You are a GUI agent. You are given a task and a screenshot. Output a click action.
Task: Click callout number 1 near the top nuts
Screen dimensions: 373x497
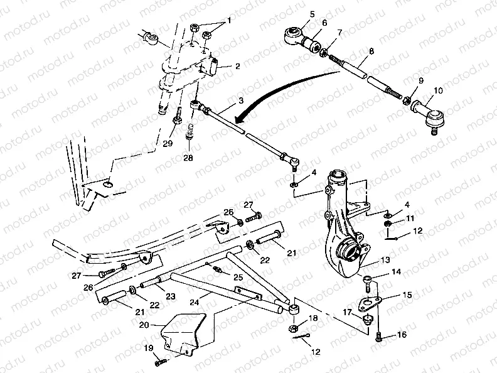[x=229, y=20]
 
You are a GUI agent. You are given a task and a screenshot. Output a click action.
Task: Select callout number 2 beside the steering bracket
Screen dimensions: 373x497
[x=238, y=66]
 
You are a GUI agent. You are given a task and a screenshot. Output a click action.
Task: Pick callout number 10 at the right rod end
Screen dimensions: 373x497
[x=437, y=92]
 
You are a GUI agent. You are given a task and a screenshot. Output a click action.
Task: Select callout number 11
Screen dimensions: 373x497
[x=410, y=218]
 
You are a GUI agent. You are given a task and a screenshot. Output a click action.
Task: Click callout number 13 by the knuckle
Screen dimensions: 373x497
[x=384, y=259]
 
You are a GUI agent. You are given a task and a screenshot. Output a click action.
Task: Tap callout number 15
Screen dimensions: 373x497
[x=407, y=295]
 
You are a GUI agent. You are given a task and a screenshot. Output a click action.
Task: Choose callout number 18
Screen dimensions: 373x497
[x=314, y=320]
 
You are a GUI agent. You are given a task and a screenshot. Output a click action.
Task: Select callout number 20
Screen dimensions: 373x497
[x=144, y=325]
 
